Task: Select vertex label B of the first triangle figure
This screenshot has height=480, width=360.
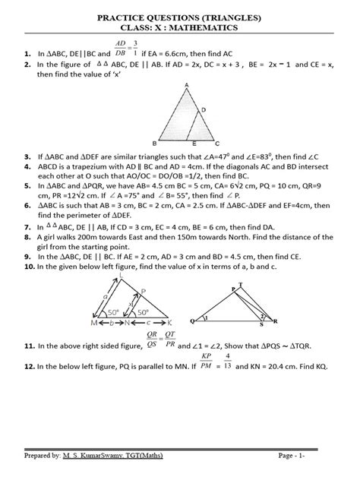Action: [154, 143]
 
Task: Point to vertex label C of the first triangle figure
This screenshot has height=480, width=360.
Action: [218, 143]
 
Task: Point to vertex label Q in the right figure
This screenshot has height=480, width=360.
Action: [200, 319]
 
